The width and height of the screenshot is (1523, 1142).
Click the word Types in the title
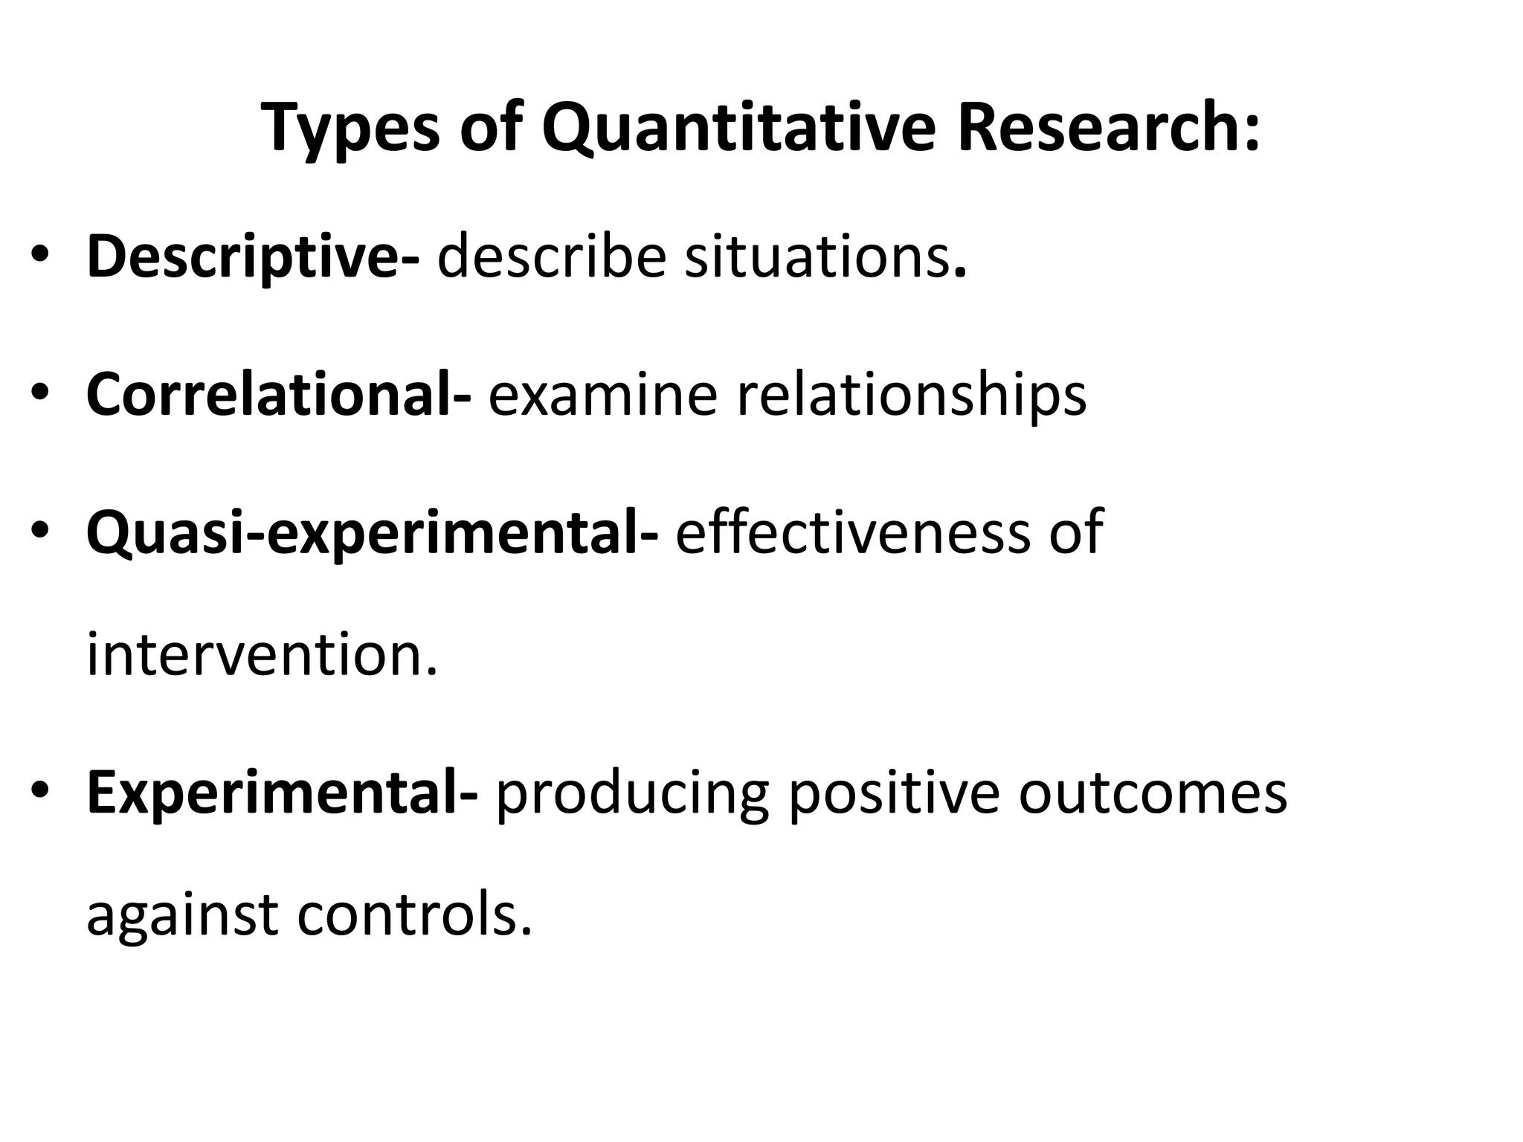tap(350, 128)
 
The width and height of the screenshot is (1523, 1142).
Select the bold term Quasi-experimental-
tap(372, 532)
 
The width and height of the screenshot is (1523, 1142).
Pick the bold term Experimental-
tap(282, 794)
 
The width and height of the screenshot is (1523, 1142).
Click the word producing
tap(631, 794)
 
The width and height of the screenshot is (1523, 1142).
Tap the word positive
tap(893, 794)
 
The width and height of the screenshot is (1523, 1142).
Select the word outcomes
tap(1152, 793)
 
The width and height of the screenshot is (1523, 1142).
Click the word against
tap(182, 914)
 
